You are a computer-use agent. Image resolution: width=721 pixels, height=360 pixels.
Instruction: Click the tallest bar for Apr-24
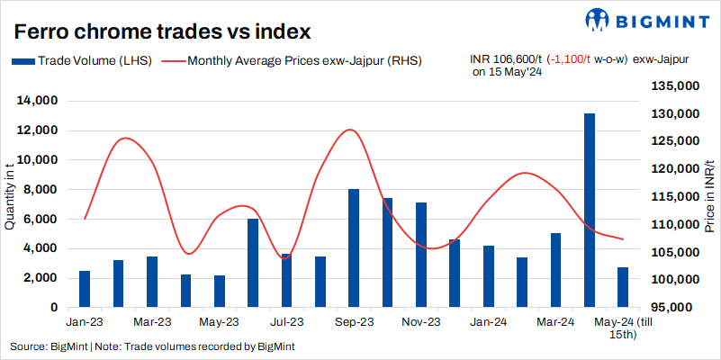tap(590, 210)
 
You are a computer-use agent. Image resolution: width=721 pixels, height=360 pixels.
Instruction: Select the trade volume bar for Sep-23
tap(354, 247)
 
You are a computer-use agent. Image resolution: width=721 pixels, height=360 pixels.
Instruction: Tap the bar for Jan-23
tap(85, 288)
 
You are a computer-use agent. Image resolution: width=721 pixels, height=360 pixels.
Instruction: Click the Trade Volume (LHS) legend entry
tap(82, 60)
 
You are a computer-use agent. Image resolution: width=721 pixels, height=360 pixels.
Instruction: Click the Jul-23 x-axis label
tap(287, 321)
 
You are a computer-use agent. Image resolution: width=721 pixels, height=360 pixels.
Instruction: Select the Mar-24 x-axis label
tap(556, 321)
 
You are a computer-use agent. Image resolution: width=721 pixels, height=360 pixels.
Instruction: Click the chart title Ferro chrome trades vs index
tap(162, 31)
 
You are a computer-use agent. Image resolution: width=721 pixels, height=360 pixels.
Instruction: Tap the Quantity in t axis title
tap(10, 193)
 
